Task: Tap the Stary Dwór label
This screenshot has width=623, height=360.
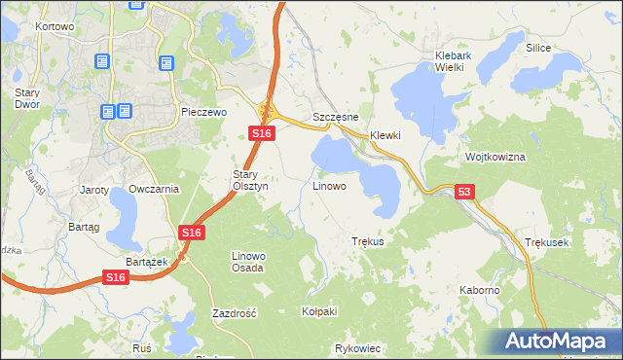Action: (x=25, y=98)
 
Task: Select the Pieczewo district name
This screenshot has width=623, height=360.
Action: (x=203, y=113)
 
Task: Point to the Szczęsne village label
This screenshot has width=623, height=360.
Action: (x=336, y=117)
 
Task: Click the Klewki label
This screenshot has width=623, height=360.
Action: (x=385, y=135)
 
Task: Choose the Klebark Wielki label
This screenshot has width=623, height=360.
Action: (x=453, y=62)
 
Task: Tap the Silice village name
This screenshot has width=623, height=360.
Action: (x=538, y=48)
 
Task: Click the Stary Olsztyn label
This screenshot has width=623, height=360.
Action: (x=242, y=180)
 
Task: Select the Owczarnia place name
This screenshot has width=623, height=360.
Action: (x=154, y=189)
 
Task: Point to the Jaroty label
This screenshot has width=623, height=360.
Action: (x=94, y=189)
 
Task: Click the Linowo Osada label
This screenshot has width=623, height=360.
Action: (x=247, y=262)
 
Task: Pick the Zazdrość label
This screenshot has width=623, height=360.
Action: (x=234, y=313)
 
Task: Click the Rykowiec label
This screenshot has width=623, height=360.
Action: (x=356, y=347)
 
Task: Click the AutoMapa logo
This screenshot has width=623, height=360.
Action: (x=561, y=342)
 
